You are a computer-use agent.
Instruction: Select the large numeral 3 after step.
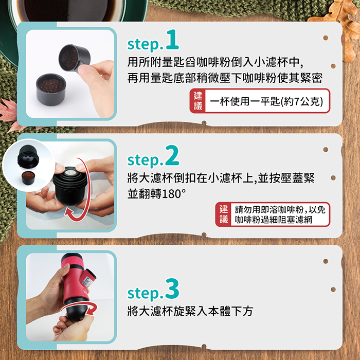pos(172,289)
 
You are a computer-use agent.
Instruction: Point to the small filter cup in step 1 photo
pos(51,89)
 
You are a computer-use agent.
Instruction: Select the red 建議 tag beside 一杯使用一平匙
pos(197,101)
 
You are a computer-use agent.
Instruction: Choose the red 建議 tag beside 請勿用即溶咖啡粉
pos(223,214)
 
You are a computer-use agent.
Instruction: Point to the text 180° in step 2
pos(174,194)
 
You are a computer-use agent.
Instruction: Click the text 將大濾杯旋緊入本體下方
pos(190,311)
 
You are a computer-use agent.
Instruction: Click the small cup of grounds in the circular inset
pos(28,178)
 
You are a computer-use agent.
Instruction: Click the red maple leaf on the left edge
pos(8,110)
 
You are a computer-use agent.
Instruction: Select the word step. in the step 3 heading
pos(145,293)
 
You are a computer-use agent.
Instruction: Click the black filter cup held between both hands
pos(69,186)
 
